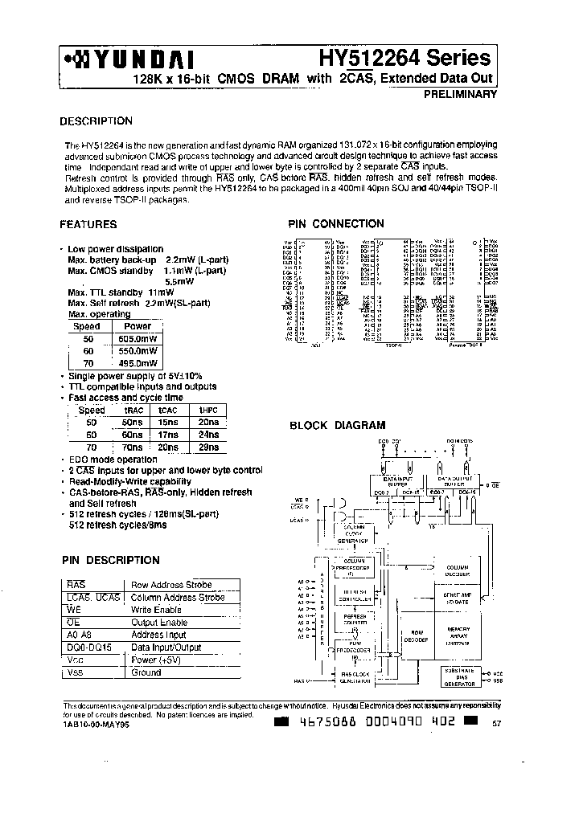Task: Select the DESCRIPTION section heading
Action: [x=96, y=121]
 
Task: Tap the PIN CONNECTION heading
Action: [x=336, y=224]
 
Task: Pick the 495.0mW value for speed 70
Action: [x=138, y=364]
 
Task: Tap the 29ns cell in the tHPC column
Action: [x=207, y=447]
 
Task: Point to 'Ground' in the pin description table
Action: [x=146, y=672]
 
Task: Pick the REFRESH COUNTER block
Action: [x=355, y=619]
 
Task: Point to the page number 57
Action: [x=495, y=724]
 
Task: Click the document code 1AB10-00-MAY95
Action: [x=96, y=722]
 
